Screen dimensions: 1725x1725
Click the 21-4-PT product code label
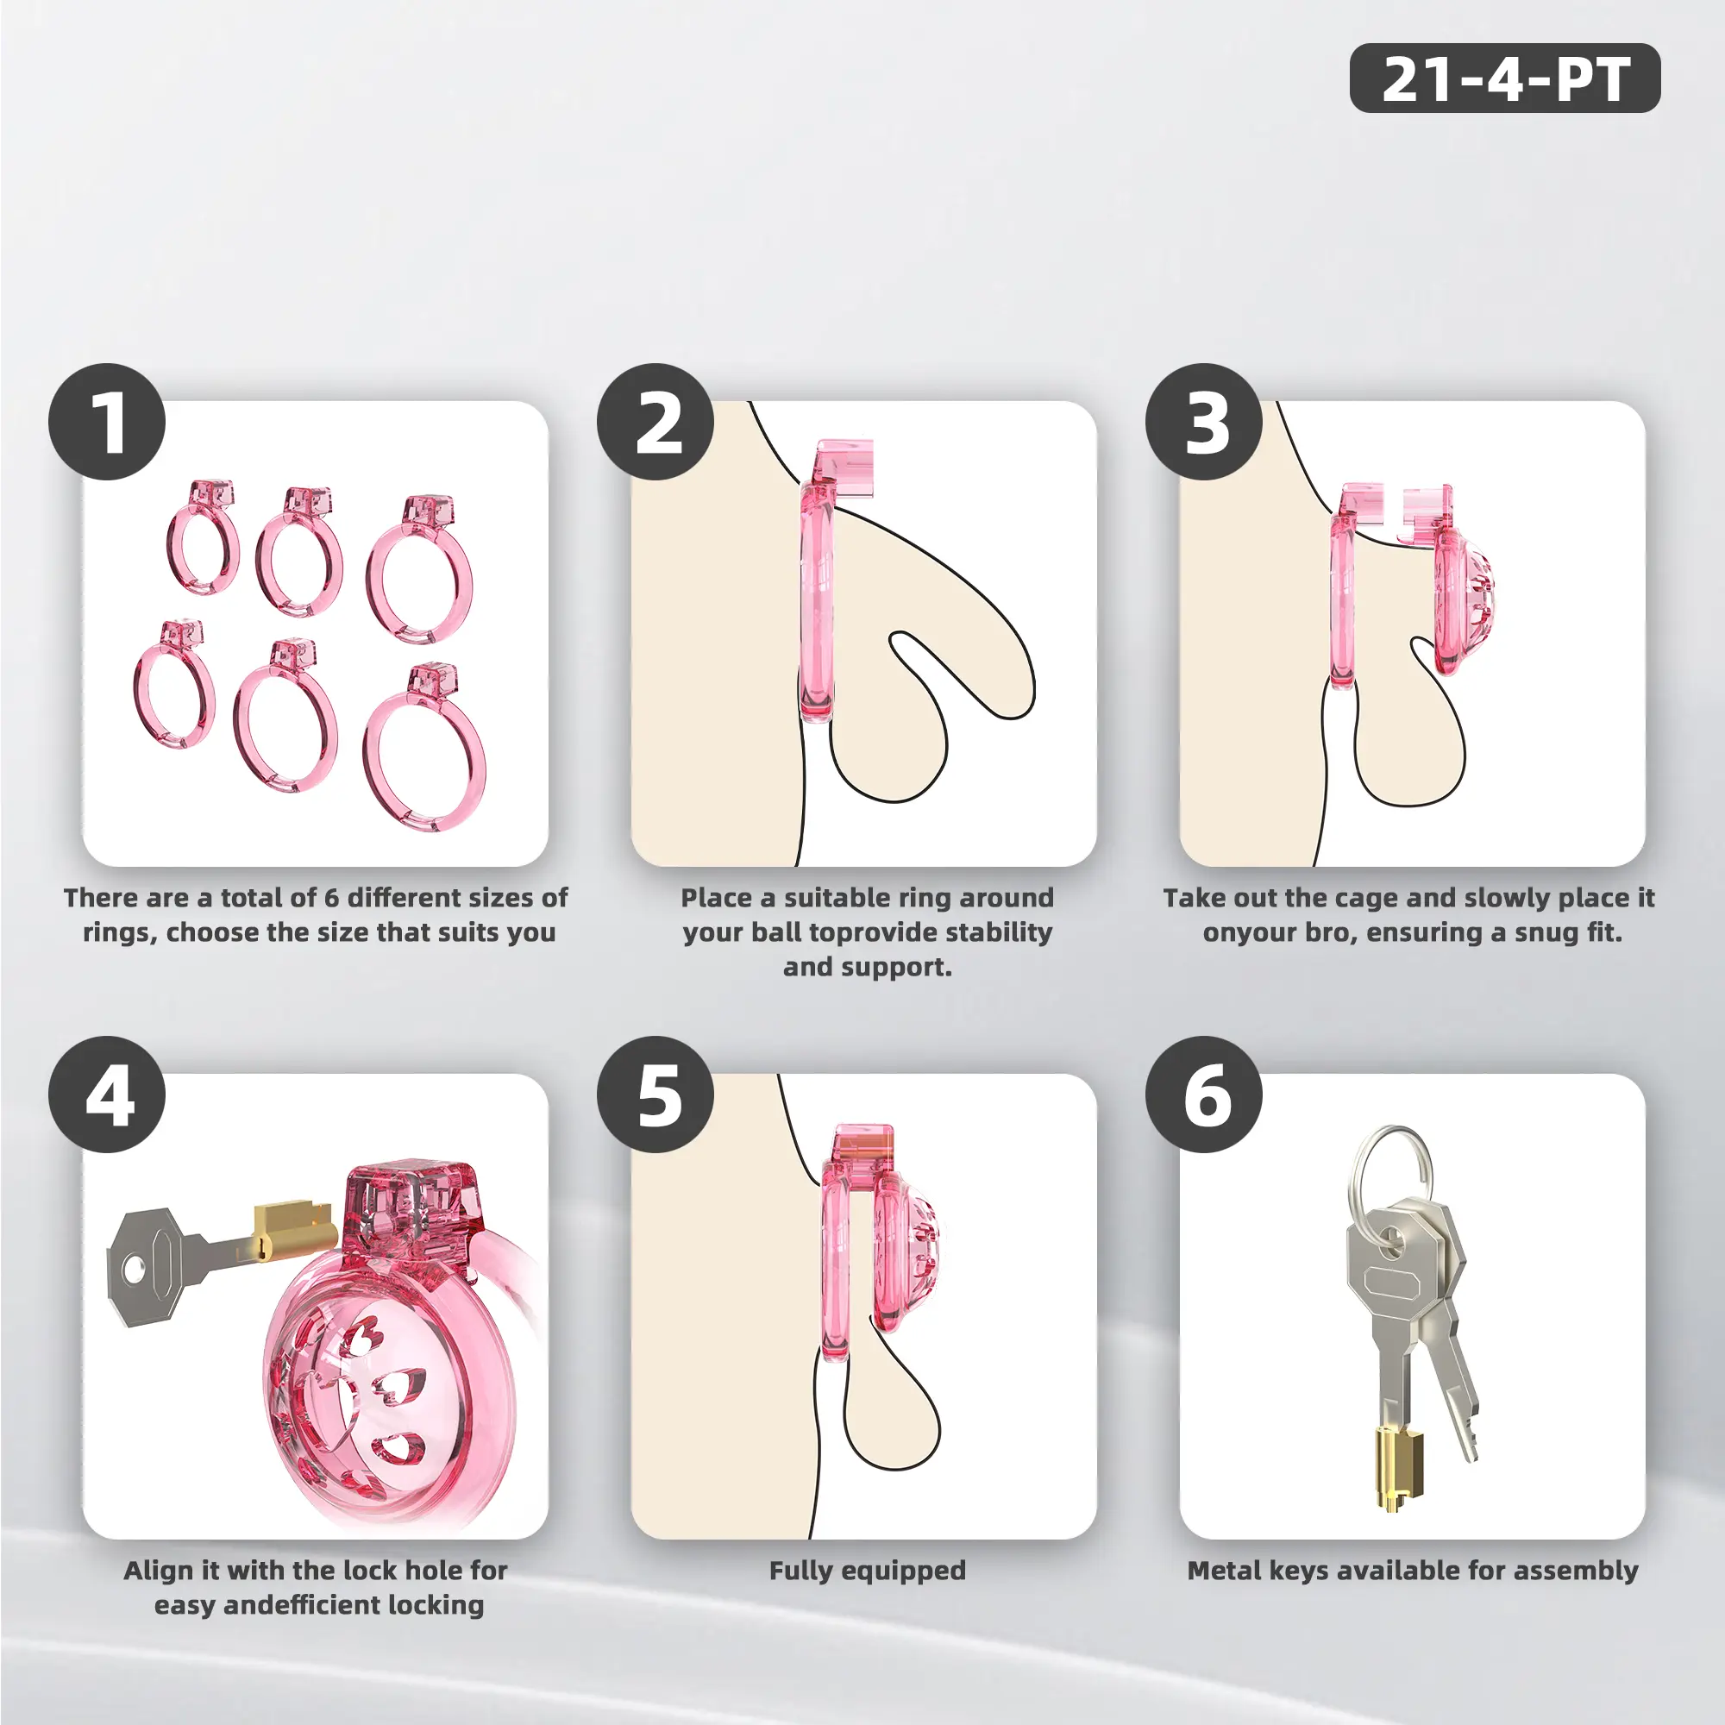1504,78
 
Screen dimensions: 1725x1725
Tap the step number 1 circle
107,422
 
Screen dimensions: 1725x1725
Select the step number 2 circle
655,422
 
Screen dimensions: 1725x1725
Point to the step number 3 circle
1203,422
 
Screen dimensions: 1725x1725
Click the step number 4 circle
107,1095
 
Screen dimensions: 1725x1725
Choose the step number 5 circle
655,1095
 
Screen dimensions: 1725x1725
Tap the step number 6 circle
1203,1095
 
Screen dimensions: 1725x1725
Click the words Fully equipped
868,1571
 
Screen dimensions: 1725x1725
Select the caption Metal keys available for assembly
1413,1571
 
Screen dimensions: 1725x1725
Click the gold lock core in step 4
292,1228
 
